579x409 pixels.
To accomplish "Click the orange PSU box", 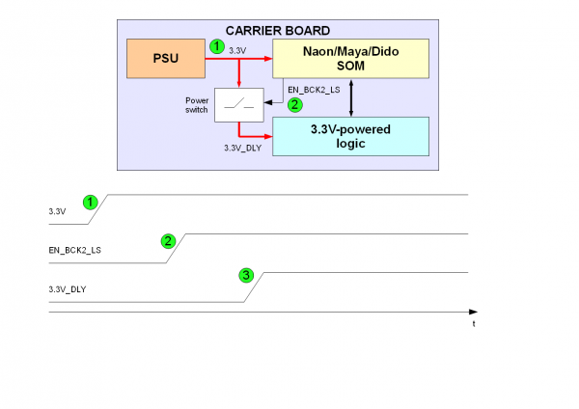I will pyautogui.click(x=167, y=61).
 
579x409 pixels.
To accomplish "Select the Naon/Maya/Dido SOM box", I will pyautogui.click(x=350, y=60).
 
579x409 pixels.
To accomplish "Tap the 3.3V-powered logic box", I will pyautogui.click(x=350, y=136).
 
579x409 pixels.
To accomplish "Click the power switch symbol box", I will pyautogui.click(x=237, y=104).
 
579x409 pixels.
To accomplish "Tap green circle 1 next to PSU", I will pyautogui.click(x=217, y=45).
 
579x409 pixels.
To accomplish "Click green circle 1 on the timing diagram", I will pyautogui.click(x=90, y=202).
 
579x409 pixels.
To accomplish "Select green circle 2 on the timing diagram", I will pyautogui.click(x=168, y=240).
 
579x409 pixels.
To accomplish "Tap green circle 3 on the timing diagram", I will pyautogui.click(x=246, y=276).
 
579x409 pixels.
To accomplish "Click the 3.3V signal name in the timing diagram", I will pyautogui.click(x=57, y=210).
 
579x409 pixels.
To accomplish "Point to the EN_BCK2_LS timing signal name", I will pyautogui.click(x=75, y=250).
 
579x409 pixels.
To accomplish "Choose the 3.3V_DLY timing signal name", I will pyautogui.click(x=67, y=289).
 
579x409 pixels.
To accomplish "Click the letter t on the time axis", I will pyautogui.click(x=473, y=324).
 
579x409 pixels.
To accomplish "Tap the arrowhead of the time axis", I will pyautogui.click(x=473, y=312).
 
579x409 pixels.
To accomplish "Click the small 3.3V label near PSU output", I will pyautogui.click(x=237, y=49).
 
